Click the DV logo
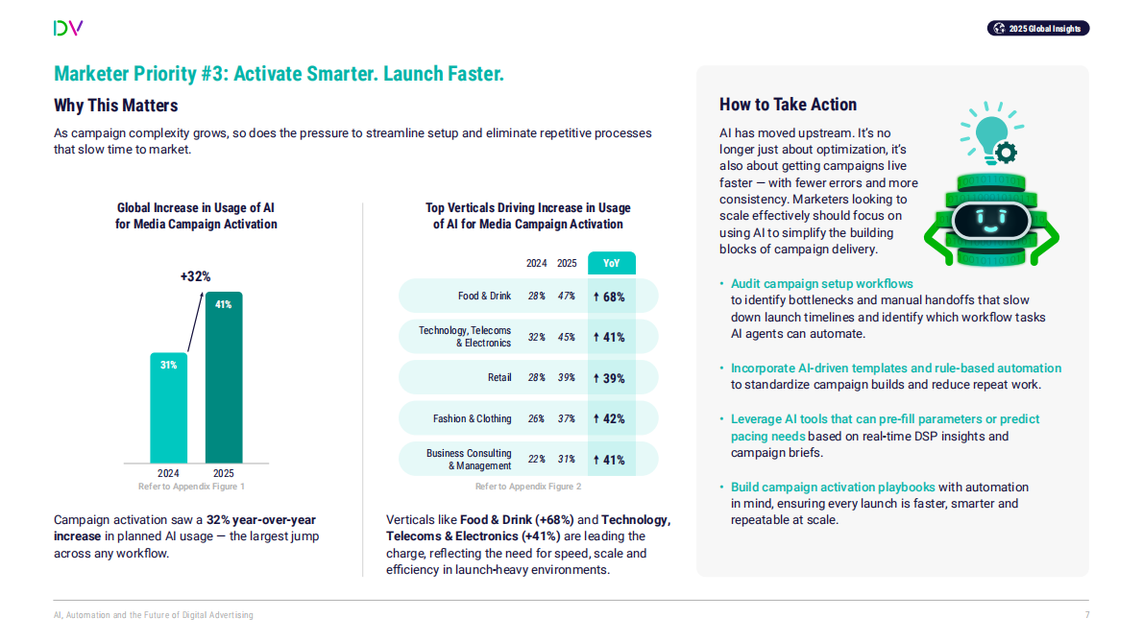tap(68, 28)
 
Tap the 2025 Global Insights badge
tap(1038, 29)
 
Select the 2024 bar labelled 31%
tap(168, 408)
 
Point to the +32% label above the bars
tap(195, 276)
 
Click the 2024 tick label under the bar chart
tap(168, 473)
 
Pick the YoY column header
tap(611, 263)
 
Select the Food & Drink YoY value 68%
tap(610, 297)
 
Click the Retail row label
tap(499, 378)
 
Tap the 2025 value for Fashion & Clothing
tap(567, 418)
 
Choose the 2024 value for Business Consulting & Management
tap(537, 460)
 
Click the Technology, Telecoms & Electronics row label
tap(465, 337)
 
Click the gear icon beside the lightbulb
tap(1007, 152)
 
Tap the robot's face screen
tap(990, 221)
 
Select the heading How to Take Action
tap(788, 105)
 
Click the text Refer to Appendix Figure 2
tap(528, 487)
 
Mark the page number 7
tap(1086, 615)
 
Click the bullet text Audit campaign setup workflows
tap(821, 284)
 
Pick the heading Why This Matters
tap(116, 106)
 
